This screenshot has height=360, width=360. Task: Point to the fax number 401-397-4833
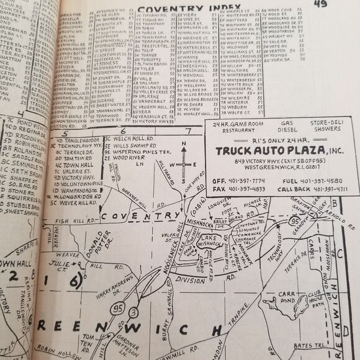[x=238, y=189]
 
